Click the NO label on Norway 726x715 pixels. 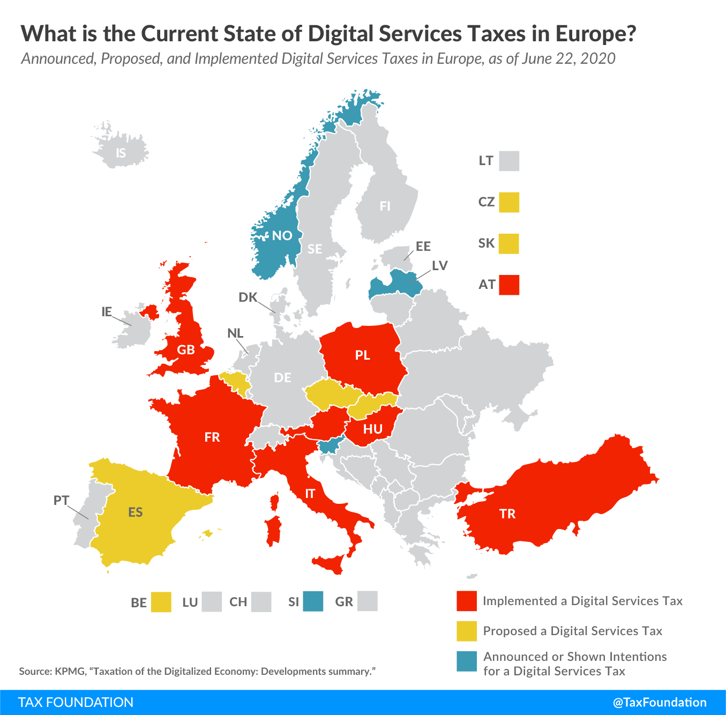(x=282, y=235)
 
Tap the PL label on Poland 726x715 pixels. (x=363, y=355)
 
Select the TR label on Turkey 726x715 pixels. (x=507, y=513)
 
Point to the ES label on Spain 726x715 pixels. (x=136, y=512)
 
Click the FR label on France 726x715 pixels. (x=212, y=437)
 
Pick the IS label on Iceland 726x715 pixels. (x=121, y=153)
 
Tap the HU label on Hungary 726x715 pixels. (x=373, y=429)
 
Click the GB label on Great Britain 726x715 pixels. (x=186, y=350)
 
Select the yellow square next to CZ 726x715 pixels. (x=509, y=202)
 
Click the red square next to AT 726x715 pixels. (x=509, y=285)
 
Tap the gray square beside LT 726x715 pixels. (x=509, y=161)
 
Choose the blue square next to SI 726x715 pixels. (x=313, y=601)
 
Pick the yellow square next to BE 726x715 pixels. (x=161, y=602)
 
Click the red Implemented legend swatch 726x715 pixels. (x=467, y=601)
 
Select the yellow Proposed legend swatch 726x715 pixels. (x=467, y=631)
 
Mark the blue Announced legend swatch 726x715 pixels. (x=467, y=661)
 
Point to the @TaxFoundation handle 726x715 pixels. (x=660, y=702)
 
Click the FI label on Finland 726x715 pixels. (x=385, y=206)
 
